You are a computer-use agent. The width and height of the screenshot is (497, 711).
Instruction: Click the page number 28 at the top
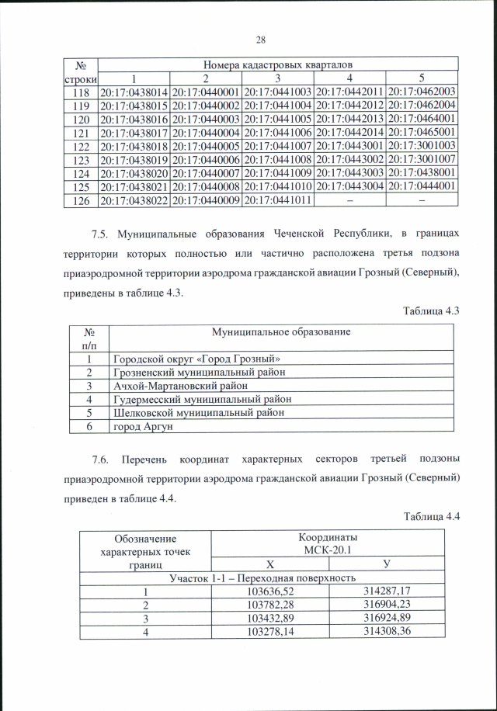tap(260, 41)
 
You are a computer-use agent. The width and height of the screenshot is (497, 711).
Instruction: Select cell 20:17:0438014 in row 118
tap(133, 92)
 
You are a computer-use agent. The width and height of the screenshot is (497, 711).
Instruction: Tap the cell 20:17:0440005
tap(205, 146)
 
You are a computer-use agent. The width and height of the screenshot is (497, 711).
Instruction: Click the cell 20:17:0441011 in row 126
tap(276, 199)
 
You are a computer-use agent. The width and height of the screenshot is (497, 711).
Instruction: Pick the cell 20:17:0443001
tap(349, 146)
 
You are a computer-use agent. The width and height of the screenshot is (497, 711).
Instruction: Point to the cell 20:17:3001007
tap(421, 159)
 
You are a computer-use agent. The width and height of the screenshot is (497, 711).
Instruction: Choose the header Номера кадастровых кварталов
tap(279, 65)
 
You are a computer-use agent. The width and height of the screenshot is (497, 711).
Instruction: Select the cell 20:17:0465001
tap(421, 133)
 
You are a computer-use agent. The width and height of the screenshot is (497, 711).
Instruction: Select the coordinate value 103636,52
tap(271, 592)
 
